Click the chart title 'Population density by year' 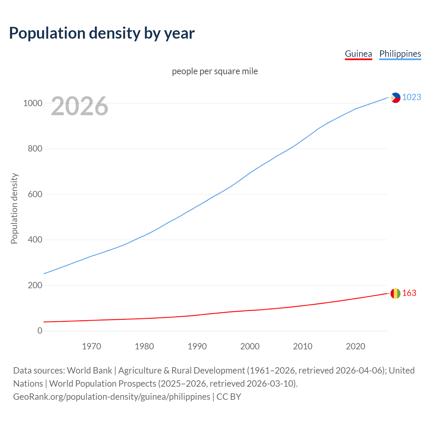[102, 33]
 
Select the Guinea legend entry [358, 54]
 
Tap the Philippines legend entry [400, 54]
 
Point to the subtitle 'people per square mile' [215, 71]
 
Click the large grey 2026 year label [80, 106]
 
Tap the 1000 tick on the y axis [33, 103]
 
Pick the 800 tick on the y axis [35, 148]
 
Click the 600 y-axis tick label [35, 194]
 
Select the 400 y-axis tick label [35, 240]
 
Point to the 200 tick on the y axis [35, 285]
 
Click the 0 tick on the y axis [40, 331]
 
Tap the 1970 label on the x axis [91, 346]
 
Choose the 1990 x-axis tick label [197, 346]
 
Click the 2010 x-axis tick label [303, 346]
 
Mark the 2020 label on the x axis [355, 346]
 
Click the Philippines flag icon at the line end [395, 98]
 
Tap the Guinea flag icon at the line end [395, 294]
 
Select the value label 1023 [412, 97]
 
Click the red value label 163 [409, 293]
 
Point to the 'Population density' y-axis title [14, 208]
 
